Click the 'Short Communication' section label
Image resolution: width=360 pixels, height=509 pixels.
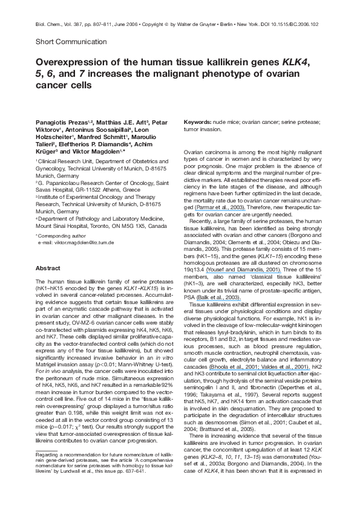pos(69,42)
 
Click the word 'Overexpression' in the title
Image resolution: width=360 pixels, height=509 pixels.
pos(71,62)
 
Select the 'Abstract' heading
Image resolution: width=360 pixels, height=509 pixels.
pos(48,267)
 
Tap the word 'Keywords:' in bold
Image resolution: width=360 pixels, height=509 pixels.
pos(200,122)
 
